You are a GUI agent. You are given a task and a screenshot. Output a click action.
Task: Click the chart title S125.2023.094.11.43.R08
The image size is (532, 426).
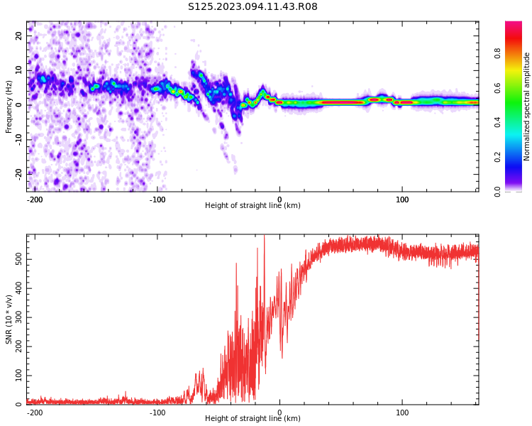tap(253, 7)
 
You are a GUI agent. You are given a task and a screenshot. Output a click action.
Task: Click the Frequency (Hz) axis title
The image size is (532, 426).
tap(9, 106)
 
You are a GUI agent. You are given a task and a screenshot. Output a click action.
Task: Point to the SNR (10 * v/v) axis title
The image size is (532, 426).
tap(9, 319)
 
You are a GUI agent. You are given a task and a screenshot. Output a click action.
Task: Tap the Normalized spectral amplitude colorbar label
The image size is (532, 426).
tap(527, 106)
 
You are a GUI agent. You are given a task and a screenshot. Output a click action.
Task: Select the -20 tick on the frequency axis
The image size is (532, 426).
tap(18, 173)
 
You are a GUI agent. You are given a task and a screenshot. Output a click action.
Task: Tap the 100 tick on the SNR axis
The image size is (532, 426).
tap(16, 376)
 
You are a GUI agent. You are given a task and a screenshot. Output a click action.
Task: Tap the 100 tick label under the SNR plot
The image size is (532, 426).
tap(402, 413)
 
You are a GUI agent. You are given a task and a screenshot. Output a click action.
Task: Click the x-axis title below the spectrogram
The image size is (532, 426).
tap(253, 206)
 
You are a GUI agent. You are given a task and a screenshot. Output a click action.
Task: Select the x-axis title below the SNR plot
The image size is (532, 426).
tap(253, 419)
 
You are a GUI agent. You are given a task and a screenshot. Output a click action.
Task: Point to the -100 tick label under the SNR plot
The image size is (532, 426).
tap(157, 413)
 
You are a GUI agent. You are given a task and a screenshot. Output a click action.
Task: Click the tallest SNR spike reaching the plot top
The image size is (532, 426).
tap(264, 239)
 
